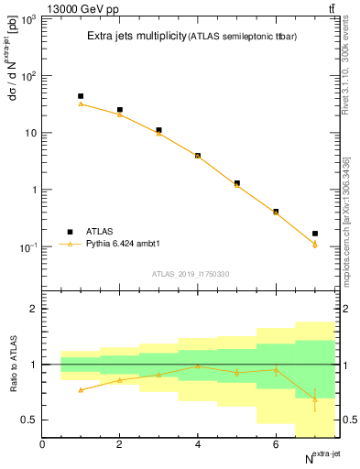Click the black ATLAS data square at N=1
(x=81, y=96)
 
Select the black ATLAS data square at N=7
(x=315, y=234)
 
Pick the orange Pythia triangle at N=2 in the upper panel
(x=119, y=115)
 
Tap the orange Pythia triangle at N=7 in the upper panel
(x=315, y=245)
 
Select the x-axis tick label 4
(x=198, y=444)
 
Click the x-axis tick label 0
(x=42, y=444)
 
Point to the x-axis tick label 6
(x=276, y=444)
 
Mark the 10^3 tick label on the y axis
(x=25, y=18)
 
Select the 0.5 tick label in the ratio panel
(x=29, y=420)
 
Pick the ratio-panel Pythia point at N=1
(x=81, y=390)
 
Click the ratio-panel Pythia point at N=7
(x=315, y=398)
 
